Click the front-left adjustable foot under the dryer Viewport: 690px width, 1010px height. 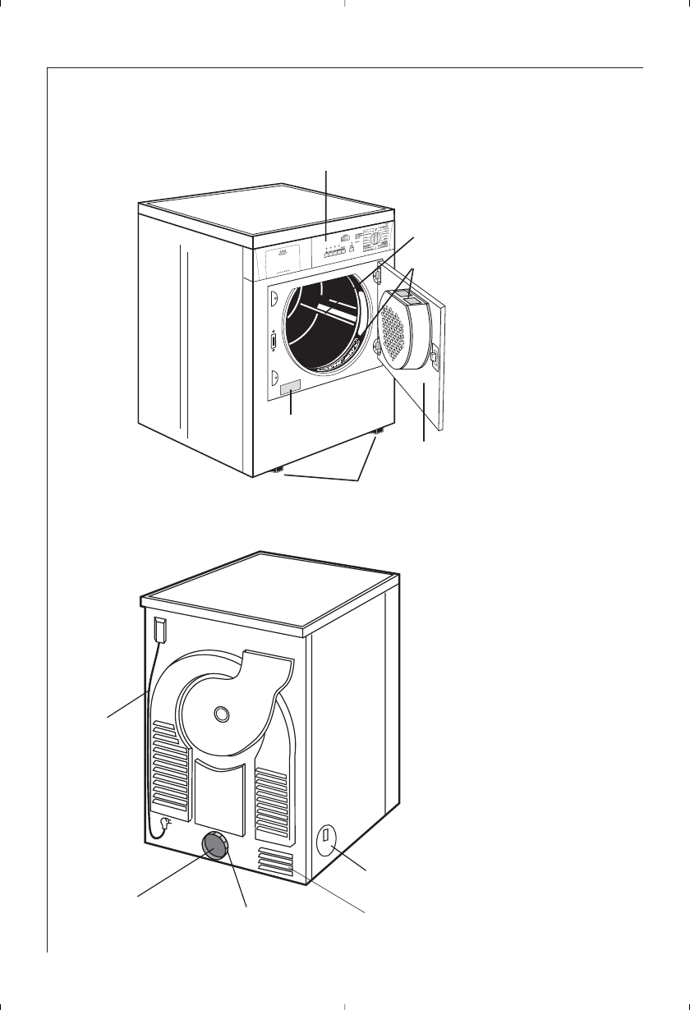coord(278,470)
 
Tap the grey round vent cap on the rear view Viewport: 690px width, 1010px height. coord(215,845)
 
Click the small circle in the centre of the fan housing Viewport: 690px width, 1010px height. coord(219,714)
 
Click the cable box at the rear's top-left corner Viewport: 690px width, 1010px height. coord(159,630)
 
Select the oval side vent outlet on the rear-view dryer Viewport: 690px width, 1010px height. coord(326,840)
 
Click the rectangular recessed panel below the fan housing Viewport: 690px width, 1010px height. coord(218,787)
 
